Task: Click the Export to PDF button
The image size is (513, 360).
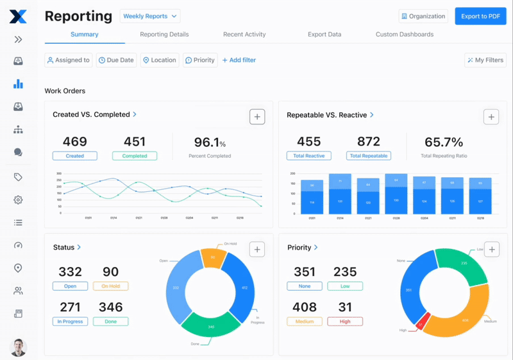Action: point(480,16)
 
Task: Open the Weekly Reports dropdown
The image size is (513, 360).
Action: point(149,16)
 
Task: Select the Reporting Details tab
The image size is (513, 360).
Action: point(164,35)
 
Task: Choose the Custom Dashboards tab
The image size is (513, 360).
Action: point(404,35)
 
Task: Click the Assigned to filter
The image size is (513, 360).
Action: point(68,60)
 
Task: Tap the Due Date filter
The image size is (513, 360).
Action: point(116,60)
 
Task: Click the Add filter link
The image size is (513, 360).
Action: point(239,60)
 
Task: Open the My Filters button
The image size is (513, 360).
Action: point(485,60)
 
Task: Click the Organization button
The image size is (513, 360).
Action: point(423,16)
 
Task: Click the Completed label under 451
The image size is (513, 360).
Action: point(135,156)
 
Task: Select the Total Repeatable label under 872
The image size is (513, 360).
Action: point(368,156)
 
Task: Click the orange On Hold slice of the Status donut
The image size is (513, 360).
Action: point(213,258)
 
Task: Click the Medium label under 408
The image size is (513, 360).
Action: point(305,321)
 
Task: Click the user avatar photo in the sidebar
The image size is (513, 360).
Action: point(18,347)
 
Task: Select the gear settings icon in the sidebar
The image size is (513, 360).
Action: point(18,200)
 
